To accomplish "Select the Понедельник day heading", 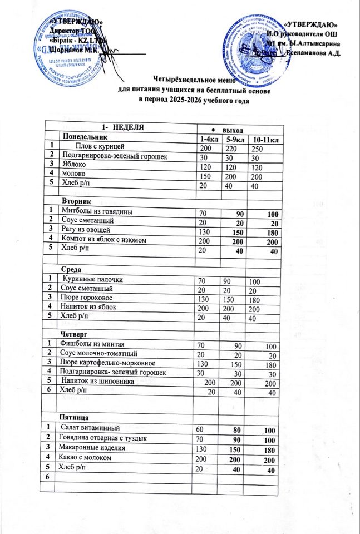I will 90,136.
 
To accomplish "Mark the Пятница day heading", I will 76,416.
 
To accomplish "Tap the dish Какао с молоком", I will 88,457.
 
